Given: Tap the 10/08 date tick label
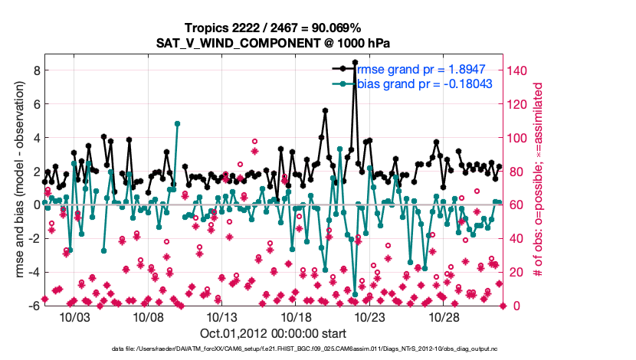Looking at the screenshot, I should [152, 317].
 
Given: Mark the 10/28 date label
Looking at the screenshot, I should [444, 317].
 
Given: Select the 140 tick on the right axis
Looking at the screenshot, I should [519, 70].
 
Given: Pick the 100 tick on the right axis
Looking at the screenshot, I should [519, 138].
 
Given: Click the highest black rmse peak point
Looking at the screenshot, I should [355, 62].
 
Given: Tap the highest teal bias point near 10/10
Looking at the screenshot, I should [177, 123].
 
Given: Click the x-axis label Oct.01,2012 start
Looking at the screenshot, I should [273, 334].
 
